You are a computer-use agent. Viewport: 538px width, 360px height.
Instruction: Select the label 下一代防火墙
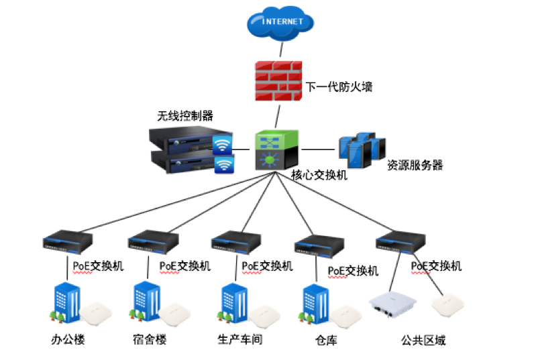339,87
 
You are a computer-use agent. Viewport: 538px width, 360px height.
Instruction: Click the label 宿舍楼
149,340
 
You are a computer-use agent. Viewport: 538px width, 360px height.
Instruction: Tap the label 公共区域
423,341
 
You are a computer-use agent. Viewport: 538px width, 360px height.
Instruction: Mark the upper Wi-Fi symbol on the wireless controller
223,145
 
